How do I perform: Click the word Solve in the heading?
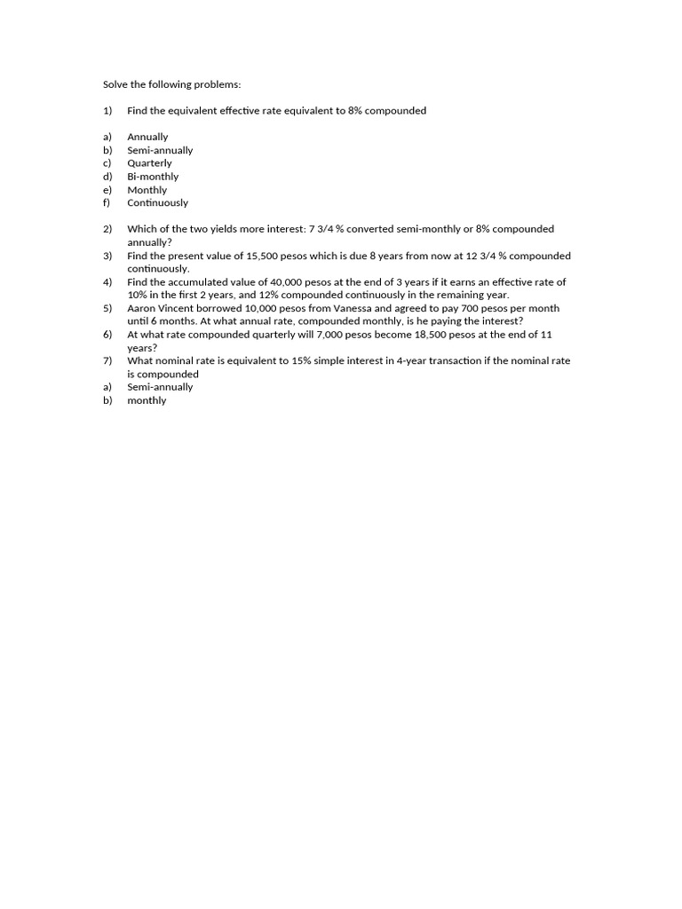coord(115,84)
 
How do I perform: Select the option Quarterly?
coord(149,163)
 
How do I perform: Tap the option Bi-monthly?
coord(153,177)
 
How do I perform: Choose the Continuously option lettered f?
coord(157,202)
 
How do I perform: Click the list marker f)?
coord(107,202)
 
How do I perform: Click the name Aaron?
coord(142,308)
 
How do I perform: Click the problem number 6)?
coord(107,335)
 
